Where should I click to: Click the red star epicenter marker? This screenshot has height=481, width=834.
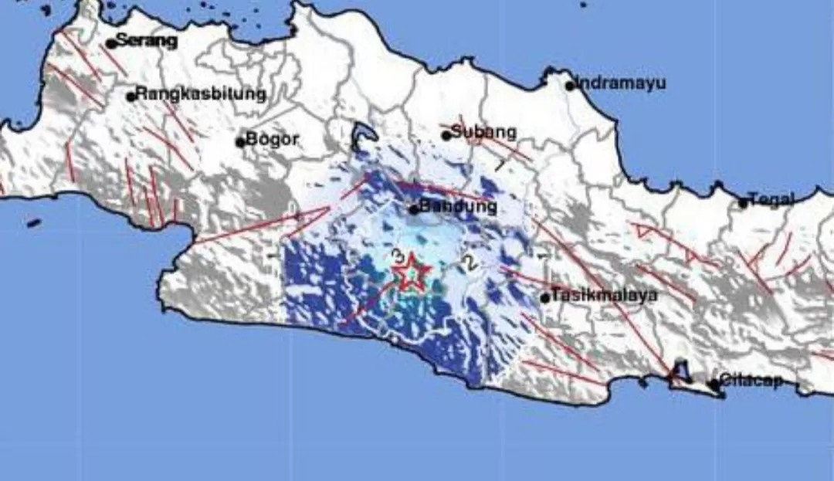tap(412, 273)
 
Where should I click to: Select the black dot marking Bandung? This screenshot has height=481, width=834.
tap(414, 209)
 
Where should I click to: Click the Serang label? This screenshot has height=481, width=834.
tap(147, 41)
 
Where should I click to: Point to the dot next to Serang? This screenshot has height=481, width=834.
tap(111, 43)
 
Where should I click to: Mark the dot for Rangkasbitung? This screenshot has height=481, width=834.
tap(131, 97)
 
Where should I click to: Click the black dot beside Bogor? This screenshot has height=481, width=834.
tap(240, 142)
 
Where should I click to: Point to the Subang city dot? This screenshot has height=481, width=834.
tap(446, 135)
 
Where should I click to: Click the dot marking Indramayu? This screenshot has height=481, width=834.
tap(570, 86)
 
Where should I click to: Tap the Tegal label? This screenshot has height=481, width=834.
tap(771, 201)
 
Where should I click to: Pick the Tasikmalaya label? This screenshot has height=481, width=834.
tap(603, 295)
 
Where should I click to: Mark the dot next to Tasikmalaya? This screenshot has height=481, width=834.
tap(545, 297)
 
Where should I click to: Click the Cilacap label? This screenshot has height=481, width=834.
tap(751, 381)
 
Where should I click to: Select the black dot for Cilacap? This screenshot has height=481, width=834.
tap(714, 383)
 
